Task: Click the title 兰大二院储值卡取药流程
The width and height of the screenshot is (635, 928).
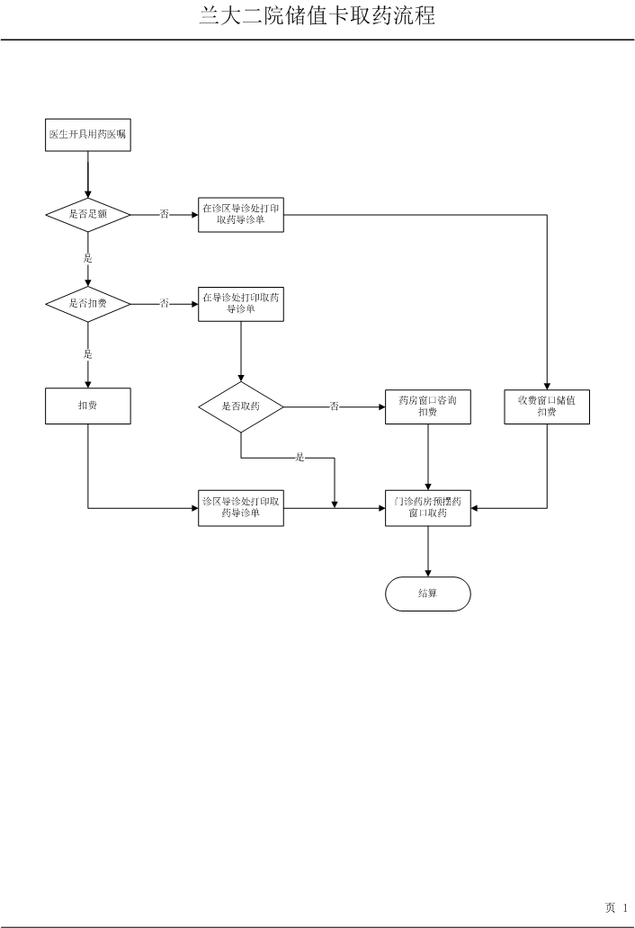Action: (x=317, y=16)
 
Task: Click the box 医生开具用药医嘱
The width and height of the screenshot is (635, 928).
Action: (x=88, y=134)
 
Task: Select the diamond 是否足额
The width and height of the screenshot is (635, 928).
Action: (x=88, y=214)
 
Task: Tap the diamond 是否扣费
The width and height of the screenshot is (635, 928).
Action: (x=88, y=304)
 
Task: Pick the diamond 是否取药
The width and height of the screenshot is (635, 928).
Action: (x=241, y=406)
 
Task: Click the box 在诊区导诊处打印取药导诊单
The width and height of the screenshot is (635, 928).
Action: (x=241, y=214)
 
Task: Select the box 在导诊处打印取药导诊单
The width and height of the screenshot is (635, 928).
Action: (x=241, y=303)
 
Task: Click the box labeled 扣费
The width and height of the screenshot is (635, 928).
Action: (x=88, y=406)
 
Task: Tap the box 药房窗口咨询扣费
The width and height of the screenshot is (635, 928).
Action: (x=427, y=406)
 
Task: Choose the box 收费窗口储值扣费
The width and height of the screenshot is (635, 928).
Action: (x=547, y=406)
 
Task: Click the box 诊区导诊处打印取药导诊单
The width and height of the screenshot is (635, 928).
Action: (x=241, y=508)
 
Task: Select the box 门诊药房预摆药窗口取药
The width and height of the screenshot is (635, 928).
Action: (x=427, y=508)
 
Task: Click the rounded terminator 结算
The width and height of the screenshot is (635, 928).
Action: (x=427, y=593)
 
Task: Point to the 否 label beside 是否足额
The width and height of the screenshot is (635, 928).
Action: (x=165, y=214)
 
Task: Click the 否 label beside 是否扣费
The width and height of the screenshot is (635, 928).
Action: (x=165, y=304)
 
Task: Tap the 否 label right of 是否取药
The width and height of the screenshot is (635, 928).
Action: (x=334, y=406)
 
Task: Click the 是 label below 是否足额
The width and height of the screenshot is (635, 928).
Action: (x=88, y=258)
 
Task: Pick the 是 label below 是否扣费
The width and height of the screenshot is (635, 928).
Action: (x=88, y=354)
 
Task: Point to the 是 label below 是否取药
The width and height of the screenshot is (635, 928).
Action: (x=300, y=458)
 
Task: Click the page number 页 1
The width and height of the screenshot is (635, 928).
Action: (x=616, y=908)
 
